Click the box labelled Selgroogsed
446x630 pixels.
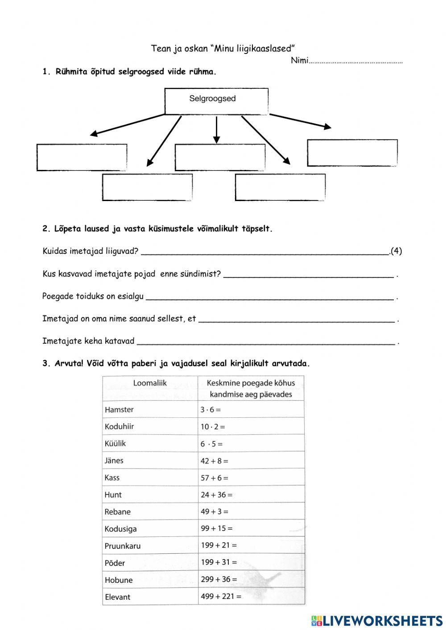[216, 101]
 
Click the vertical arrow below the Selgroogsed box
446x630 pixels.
[216, 130]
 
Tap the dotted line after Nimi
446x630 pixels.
[355, 62]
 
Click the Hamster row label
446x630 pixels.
[119, 409]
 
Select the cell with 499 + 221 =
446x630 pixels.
[221, 596]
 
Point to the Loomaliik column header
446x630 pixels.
[150, 383]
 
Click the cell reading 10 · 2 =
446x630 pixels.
[213, 426]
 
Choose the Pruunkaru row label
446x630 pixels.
[122, 546]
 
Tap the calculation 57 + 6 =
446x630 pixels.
[215, 478]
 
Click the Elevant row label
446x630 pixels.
[117, 597]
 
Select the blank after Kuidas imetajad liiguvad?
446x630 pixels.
[265, 251]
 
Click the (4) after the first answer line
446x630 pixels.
[396, 251]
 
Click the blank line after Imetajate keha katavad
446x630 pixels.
[266, 342]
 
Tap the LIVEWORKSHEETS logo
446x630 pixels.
[377, 620]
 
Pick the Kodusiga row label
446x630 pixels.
[120, 529]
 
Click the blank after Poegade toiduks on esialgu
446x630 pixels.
[270, 296]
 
